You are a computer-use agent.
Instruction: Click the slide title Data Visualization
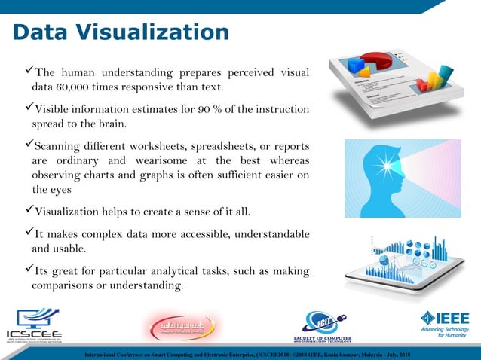121,32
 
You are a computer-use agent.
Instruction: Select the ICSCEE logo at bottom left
35,325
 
